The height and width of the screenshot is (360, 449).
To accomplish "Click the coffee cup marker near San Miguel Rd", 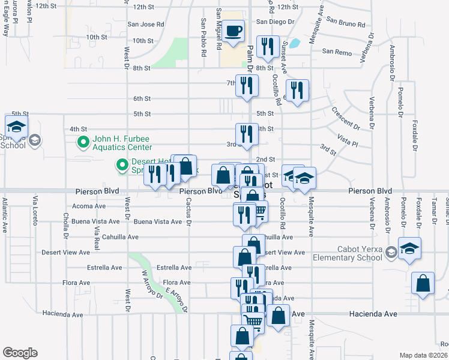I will coord(235,31).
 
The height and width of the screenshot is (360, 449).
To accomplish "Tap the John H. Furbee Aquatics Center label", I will coord(122,143).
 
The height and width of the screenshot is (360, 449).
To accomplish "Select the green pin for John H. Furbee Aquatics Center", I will coord(83,142).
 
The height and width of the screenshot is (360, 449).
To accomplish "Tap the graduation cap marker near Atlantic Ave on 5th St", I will coord(16,126).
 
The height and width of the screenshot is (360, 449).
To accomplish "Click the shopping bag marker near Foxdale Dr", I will coord(423,283).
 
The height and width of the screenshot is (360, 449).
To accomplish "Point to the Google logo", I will coord(20,353).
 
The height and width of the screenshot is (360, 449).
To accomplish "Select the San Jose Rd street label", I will coord(146,25).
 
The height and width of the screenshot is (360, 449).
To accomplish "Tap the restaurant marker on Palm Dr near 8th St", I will coord(267,47).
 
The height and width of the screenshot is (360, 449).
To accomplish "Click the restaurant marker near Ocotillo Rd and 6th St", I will coord(297,90).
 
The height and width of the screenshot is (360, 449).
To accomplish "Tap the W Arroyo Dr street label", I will coord(152,284).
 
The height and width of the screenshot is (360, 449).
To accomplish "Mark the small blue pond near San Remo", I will coord(294,43).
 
